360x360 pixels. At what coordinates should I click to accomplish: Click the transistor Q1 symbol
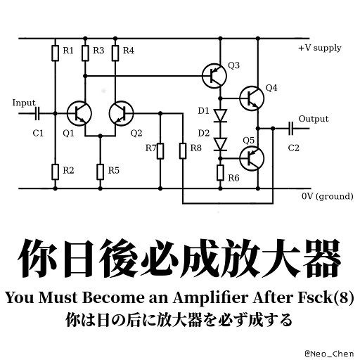79,114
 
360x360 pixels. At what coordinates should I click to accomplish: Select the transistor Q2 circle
121,114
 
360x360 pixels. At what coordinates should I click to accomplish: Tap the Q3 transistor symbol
214,76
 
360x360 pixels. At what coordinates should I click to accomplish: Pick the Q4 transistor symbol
252,98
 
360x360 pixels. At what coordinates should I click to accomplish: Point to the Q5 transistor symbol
252,158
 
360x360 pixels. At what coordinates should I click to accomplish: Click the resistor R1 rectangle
55,53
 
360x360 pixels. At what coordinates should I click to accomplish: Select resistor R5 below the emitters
101,172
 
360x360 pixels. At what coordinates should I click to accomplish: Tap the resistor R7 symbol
160,151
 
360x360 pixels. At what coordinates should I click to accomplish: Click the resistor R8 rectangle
183,151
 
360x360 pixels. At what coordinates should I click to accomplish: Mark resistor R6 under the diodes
220,172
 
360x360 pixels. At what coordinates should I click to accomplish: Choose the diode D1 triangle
220,115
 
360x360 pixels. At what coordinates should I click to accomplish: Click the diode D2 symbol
220,144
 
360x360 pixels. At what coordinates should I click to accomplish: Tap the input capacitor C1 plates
37,114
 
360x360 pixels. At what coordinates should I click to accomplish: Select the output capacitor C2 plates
290,129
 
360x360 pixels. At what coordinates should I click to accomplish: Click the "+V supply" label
320,48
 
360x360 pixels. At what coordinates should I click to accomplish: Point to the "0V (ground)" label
328,196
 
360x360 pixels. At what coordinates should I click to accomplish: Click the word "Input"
24,103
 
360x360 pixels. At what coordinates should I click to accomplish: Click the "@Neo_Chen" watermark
329,354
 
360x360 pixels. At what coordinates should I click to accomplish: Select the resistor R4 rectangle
115,53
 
